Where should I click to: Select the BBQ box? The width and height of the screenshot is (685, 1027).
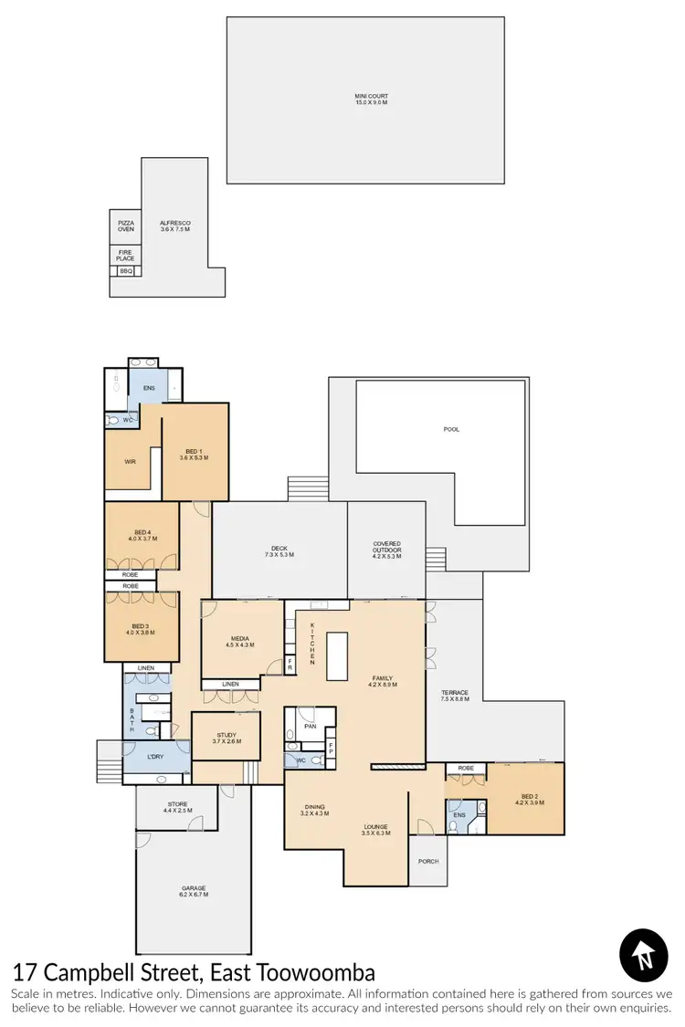click(x=126, y=271)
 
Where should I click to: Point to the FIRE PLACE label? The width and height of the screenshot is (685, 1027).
click(x=126, y=256)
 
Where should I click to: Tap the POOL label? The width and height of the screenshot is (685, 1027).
click(x=451, y=428)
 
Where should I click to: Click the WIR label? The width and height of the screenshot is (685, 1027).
click(x=131, y=461)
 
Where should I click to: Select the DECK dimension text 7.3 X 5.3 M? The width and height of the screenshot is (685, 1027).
click(x=279, y=555)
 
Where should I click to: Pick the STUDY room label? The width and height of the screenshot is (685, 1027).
click(x=226, y=735)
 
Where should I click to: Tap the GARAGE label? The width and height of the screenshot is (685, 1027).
click(x=194, y=887)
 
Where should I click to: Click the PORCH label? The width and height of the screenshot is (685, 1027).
click(x=427, y=861)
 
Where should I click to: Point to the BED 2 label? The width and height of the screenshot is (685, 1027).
click(x=532, y=796)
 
